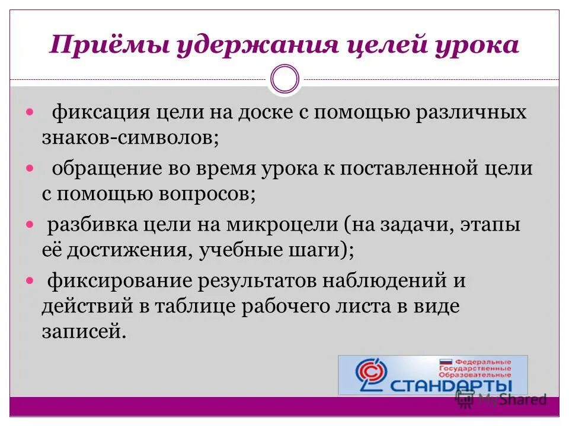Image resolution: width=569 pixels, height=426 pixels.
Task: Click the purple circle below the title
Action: click(x=284, y=79)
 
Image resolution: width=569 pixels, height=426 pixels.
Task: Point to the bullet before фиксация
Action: click(x=31, y=112)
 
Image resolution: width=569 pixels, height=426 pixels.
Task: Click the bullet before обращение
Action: click(x=31, y=169)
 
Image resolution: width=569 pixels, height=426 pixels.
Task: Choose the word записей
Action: click(x=84, y=332)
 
